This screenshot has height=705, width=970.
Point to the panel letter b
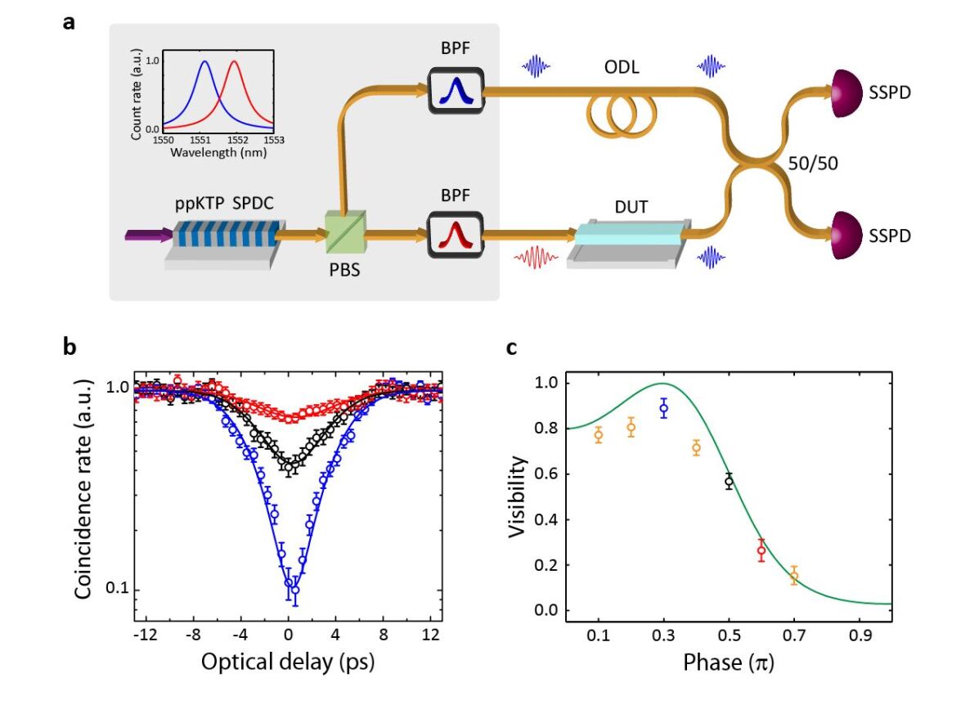point(70,347)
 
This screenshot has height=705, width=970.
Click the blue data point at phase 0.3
point(664,407)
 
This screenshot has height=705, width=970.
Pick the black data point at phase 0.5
point(729,482)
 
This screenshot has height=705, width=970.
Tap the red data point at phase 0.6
point(761,550)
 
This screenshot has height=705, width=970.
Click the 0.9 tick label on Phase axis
point(859,635)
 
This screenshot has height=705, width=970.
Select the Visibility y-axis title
point(516,496)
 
